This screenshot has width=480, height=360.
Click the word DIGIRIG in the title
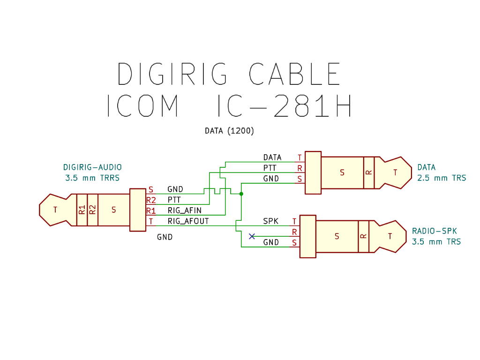click(172, 74)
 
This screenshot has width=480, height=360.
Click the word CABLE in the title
click(294, 74)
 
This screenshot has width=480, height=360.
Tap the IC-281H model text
click(285, 105)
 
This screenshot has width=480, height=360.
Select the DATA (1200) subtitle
click(229, 131)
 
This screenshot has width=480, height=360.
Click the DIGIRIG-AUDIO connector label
click(92, 167)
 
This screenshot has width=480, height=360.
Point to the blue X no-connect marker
click(252, 236)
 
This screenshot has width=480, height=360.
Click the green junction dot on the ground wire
click(241, 194)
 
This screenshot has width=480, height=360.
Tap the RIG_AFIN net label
click(185, 210)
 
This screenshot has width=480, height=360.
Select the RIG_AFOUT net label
click(188, 221)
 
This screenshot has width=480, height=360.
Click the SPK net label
click(271, 221)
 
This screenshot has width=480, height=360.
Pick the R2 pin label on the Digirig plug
click(151, 200)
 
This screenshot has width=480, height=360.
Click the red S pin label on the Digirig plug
click(150, 189)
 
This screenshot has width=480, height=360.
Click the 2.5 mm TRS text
click(442, 178)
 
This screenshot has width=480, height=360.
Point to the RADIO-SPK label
click(435, 231)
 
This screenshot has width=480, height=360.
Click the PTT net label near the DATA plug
click(270, 168)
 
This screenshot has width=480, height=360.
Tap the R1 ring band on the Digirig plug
click(82, 210)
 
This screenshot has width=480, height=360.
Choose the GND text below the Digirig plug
click(165, 237)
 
